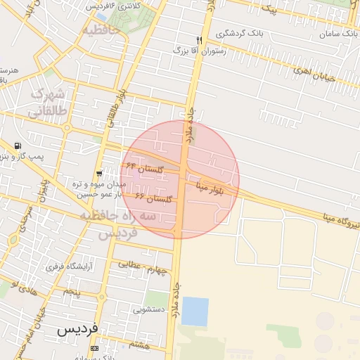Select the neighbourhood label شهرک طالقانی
tap(46, 103)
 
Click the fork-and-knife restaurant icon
tap(200, 39)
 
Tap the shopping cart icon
tap(99, 172)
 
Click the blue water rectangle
tap(195, 311)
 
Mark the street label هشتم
tap(140, 345)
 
